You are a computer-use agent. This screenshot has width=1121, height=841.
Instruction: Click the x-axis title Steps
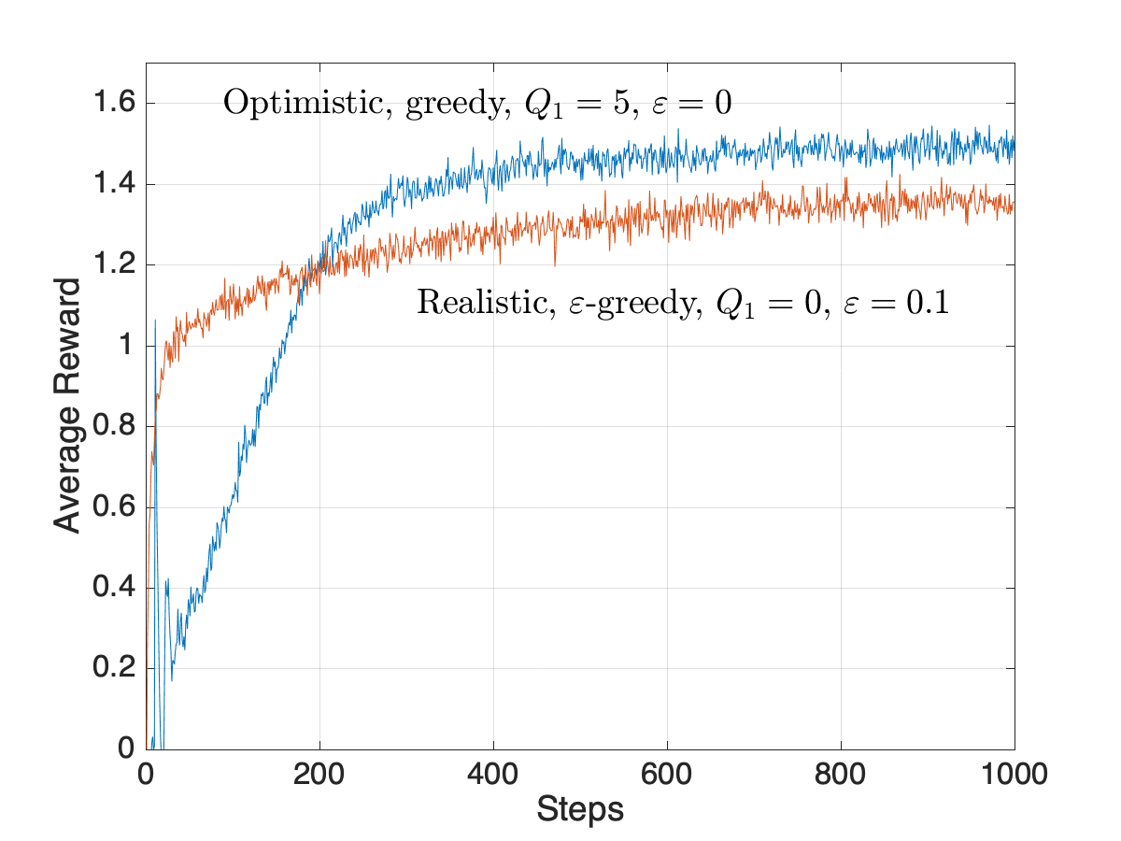(579, 809)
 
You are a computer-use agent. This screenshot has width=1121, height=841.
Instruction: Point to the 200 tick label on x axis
(319, 776)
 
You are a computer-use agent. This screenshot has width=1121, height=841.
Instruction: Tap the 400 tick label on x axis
(493, 776)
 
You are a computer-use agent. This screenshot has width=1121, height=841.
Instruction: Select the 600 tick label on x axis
(667, 776)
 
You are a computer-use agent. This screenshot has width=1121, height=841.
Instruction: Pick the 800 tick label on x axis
(841, 776)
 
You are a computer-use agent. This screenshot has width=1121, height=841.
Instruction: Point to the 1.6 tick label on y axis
(110, 104)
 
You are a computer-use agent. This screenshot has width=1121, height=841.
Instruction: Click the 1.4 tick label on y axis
(110, 184)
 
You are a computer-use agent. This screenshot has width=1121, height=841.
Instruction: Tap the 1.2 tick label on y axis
(110, 265)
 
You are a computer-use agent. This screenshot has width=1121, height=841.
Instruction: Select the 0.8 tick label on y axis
(110, 427)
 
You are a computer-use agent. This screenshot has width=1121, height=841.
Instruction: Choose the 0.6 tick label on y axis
(110, 507)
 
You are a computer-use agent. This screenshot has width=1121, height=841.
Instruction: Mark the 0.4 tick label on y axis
(110, 588)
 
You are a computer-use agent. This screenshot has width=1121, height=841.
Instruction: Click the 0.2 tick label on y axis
(110, 668)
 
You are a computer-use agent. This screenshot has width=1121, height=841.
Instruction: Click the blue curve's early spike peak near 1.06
(155, 321)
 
